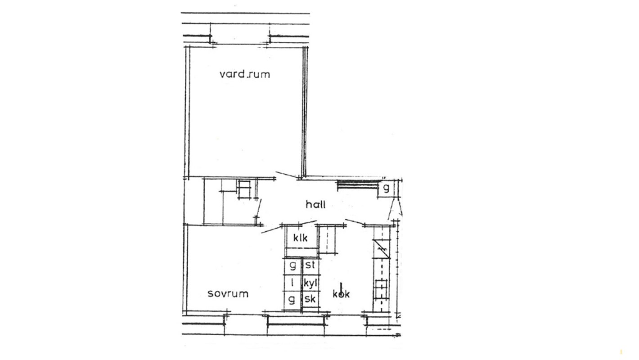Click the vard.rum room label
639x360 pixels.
[245, 74]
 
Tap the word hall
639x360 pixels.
[315, 204]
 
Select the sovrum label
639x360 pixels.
[228, 293]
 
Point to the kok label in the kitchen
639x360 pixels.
[341, 294]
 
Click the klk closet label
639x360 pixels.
[301, 238]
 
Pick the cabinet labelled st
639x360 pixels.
[310, 266]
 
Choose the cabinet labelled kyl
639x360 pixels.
[310, 283]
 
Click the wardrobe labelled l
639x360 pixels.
[292, 283]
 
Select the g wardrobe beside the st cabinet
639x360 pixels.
[292, 266]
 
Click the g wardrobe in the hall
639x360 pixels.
[386, 188]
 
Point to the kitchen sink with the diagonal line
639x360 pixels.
[382, 249]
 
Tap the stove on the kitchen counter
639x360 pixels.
[382, 289]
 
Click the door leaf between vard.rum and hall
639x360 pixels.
[288, 175]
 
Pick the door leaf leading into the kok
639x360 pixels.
[354, 222]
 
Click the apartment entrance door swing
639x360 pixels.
[395, 209]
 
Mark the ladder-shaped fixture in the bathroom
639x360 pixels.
[244, 189]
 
